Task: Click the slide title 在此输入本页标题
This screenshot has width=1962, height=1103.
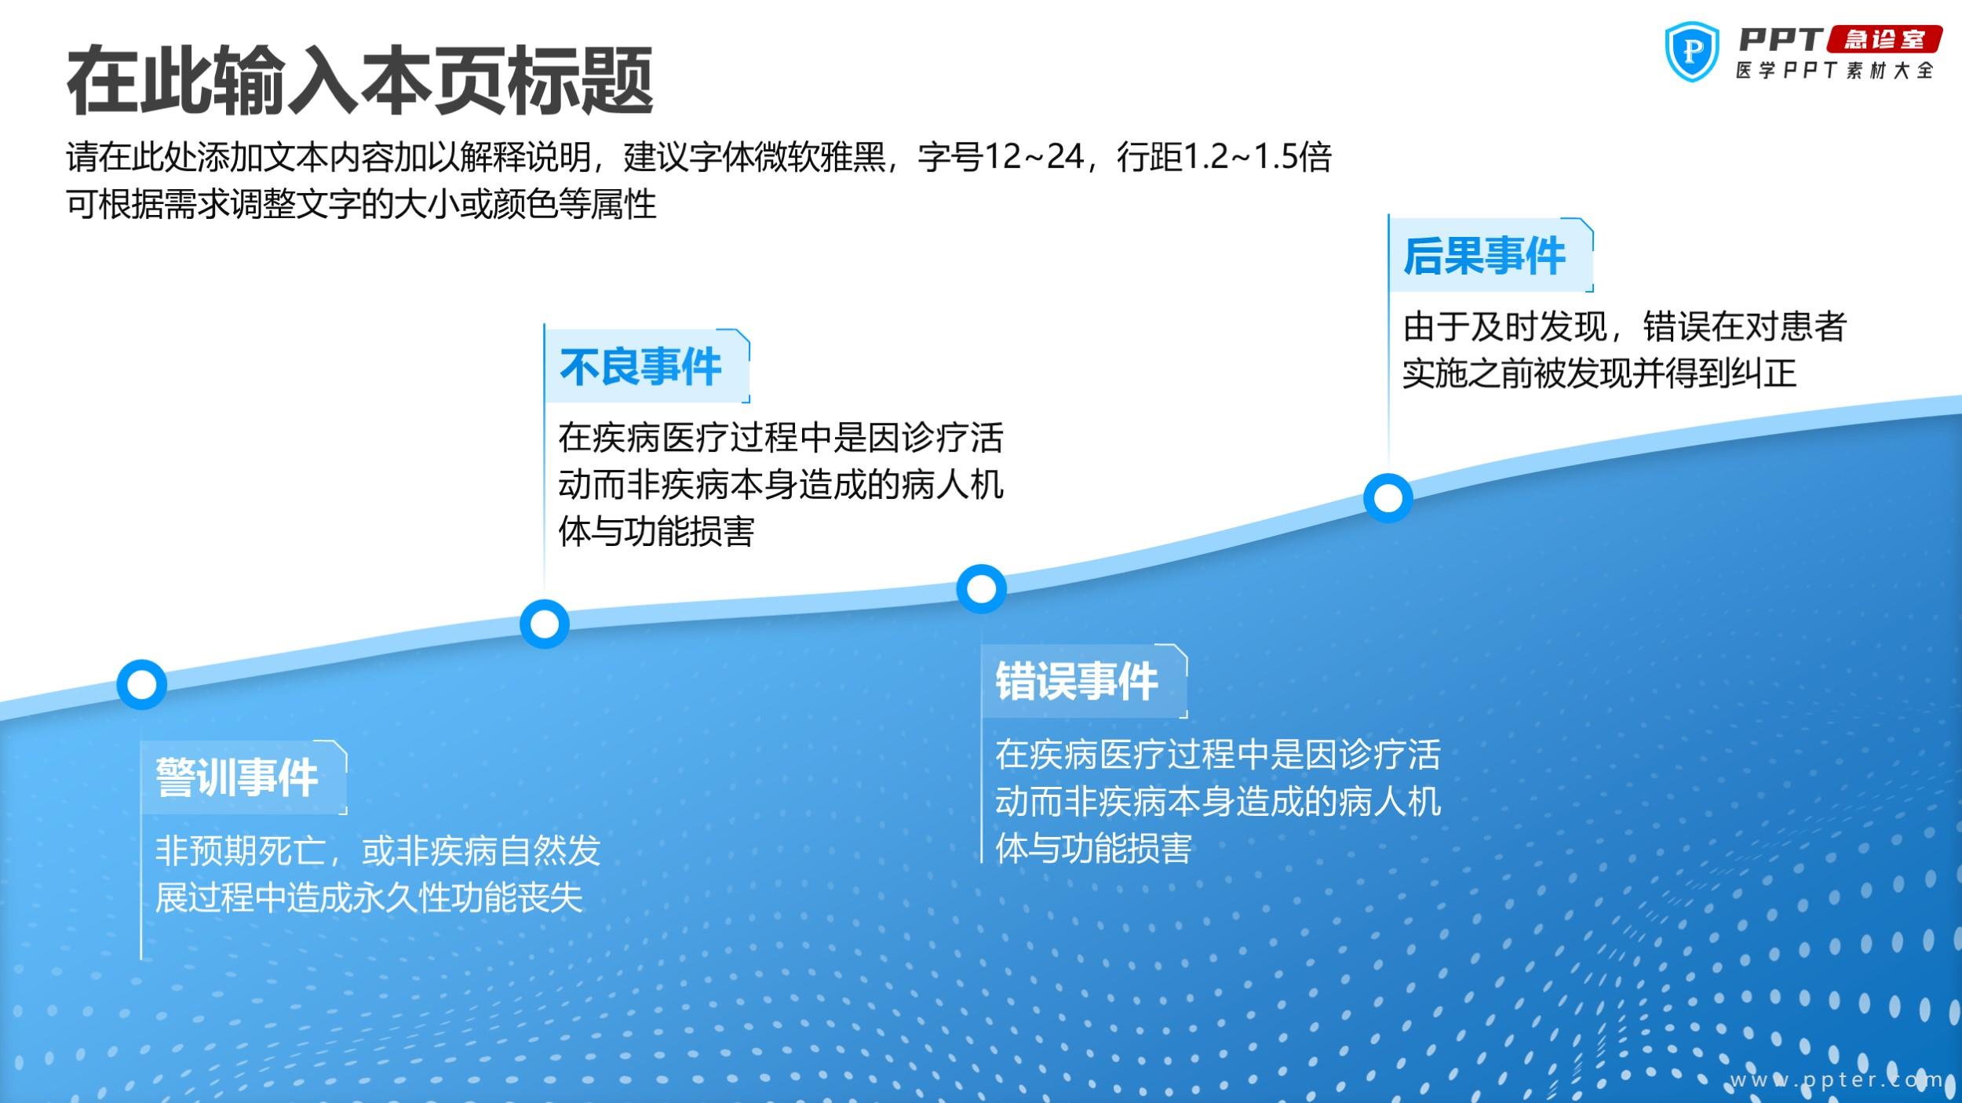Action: point(360,81)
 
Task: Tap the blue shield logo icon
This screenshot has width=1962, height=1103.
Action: point(1692,51)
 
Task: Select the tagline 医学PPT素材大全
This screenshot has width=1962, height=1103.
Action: point(1835,71)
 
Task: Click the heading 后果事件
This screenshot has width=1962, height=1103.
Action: point(1484,257)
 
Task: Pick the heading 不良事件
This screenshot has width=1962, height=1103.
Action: point(640,367)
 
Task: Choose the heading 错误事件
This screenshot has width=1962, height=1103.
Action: point(1077,681)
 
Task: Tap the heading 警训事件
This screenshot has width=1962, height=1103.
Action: point(236,778)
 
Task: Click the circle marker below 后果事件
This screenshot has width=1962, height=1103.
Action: point(1388,498)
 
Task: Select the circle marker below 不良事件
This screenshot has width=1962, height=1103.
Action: point(545,624)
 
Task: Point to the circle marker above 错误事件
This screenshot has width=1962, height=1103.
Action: point(981,588)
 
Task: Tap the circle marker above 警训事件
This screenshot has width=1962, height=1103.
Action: point(142,685)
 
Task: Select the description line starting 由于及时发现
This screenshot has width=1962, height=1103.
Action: point(1625,326)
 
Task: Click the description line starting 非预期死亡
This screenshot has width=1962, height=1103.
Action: point(377,850)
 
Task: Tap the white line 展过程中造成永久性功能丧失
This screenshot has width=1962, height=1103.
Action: point(369,897)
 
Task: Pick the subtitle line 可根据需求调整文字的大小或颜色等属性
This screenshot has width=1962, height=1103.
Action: point(361,204)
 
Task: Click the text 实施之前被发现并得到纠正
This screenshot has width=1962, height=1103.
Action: point(1599,373)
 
